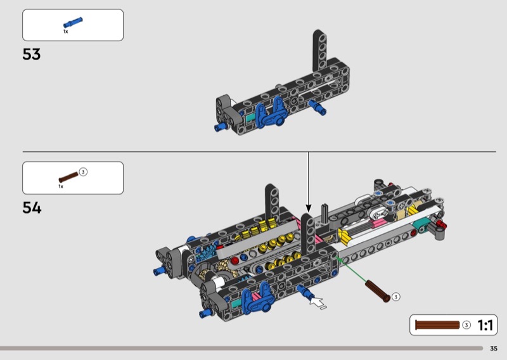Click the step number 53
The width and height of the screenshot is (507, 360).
coord(31,55)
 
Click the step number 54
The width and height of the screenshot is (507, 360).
coord(32,208)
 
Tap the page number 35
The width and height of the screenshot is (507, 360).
coord(494,349)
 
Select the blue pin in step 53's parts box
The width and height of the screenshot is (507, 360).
coord(73,23)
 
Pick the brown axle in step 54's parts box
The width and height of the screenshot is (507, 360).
coord(68,177)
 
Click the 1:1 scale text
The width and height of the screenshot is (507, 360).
coord(485,325)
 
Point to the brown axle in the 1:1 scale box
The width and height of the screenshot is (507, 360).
coord(437,325)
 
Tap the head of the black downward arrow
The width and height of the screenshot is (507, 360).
coord(309,209)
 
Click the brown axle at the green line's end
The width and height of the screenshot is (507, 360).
coord(377,291)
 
